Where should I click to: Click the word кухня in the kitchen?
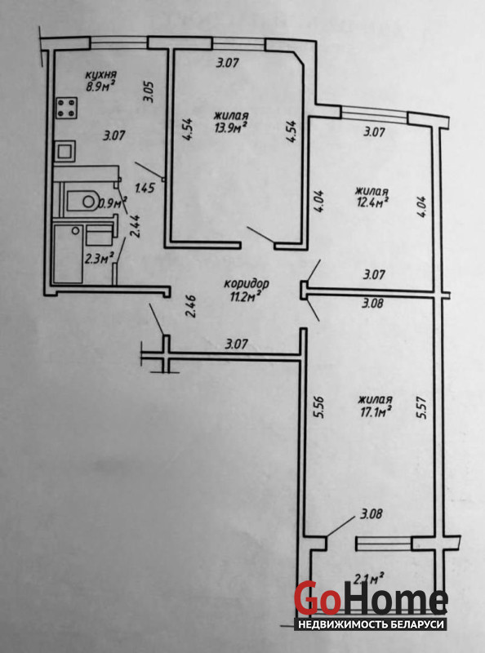coord(100,75)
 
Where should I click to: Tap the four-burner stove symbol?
coord(67,108)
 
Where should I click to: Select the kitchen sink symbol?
coord(65,151)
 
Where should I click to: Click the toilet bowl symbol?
coord(83,202)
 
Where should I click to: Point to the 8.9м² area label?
coord(100,88)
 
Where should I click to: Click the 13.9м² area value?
coord(231,129)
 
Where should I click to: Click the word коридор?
coord(247,284)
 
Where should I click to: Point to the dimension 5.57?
coord(421,407)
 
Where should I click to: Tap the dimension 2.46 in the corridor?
coord(190,306)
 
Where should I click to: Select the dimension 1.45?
coord(145,189)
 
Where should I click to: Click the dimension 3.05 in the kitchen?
coord(149,91)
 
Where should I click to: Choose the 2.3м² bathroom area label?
coord(99,259)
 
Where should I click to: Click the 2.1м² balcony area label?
coord(368,579)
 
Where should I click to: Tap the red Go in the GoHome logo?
coord(317,598)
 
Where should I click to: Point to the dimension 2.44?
coord(135,226)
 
